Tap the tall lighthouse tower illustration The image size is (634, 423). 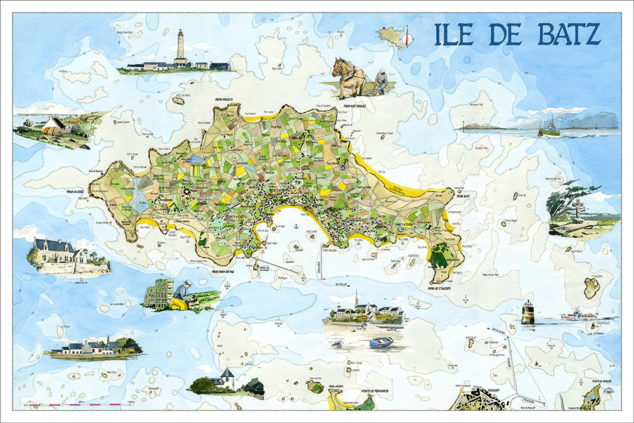[x=181, y=46]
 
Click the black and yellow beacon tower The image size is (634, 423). [x=527, y=312]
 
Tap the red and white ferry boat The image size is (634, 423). [x=578, y=315]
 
